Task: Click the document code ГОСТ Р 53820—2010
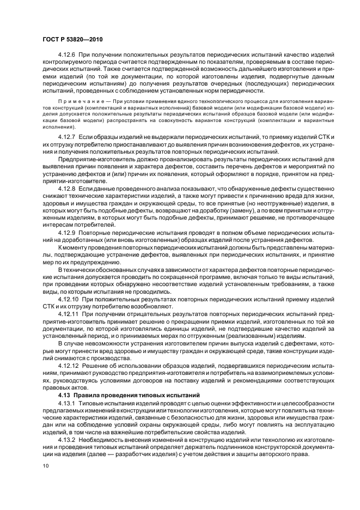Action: [72, 40]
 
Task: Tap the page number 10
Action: [46, 466]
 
